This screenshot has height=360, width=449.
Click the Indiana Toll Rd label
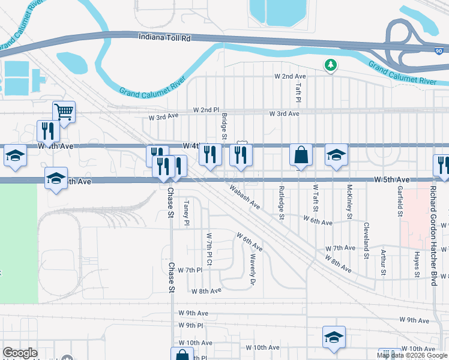click(164, 38)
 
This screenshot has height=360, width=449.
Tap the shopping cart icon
click(63, 111)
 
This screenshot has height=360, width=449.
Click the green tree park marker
click(330, 64)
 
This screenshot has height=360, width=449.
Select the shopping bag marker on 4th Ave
click(301, 154)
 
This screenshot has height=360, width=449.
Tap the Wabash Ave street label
click(244, 196)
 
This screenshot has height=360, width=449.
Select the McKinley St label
click(349, 200)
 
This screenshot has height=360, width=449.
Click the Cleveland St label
click(366, 240)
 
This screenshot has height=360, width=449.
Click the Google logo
click(20, 353)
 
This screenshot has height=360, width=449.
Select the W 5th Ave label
click(391, 179)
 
